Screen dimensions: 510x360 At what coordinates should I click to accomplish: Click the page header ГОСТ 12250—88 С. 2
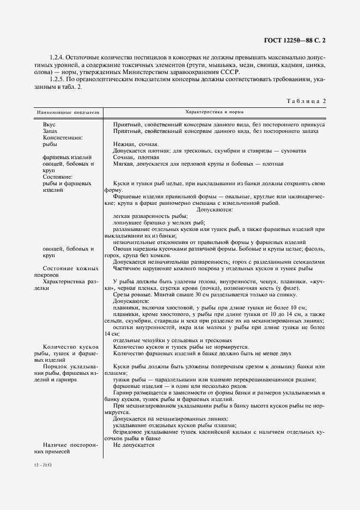coord(294,40)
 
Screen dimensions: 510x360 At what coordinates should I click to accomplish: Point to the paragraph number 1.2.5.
coord(58,79)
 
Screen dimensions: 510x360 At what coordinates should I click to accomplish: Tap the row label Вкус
coord(49,124)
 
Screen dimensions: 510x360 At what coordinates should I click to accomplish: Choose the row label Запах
coord(50,131)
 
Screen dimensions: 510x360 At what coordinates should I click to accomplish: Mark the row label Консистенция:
coord(60,138)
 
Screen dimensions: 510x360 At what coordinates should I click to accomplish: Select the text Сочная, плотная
coord(132,157)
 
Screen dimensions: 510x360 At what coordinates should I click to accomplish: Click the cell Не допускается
coord(134,445)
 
